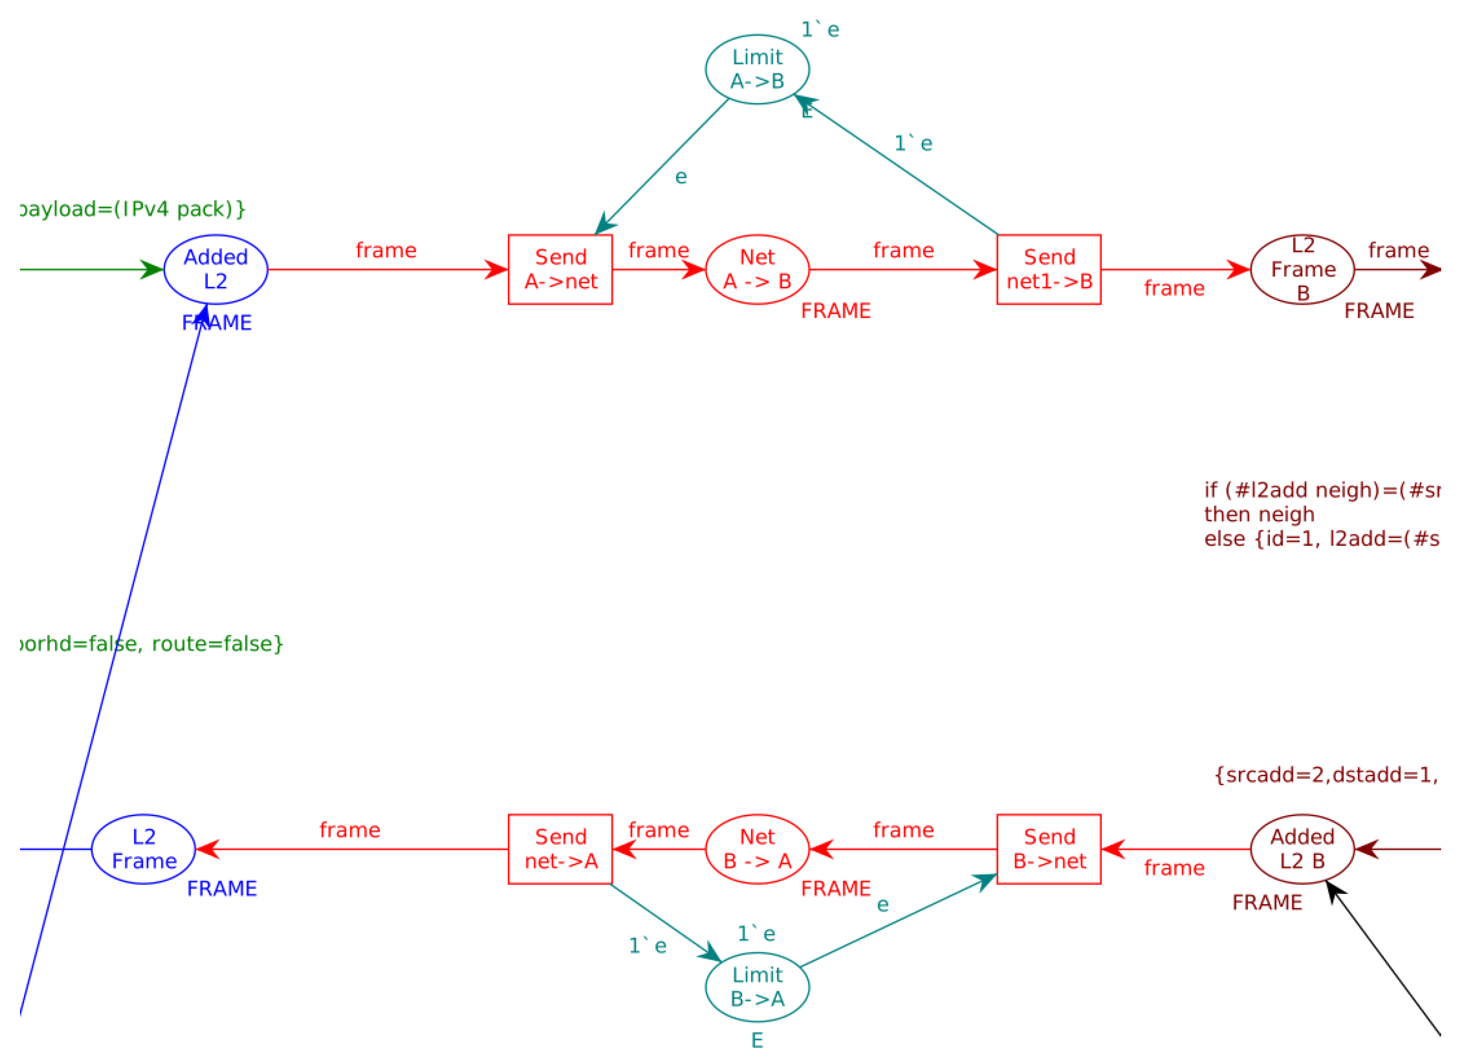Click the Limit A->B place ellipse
click(757, 69)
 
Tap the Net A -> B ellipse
click(757, 269)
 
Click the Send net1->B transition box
click(1048, 269)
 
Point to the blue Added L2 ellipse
click(216, 269)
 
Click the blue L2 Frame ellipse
click(144, 849)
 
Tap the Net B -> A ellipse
click(757, 849)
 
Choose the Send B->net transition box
click(1048, 849)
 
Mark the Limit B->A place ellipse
click(757, 987)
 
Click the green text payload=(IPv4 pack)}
click(132, 210)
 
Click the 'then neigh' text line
click(1258, 515)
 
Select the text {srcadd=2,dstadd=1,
click(1325, 775)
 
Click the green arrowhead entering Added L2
click(152, 269)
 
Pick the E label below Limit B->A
click(757, 1041)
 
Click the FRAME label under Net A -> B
click(835, 311)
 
